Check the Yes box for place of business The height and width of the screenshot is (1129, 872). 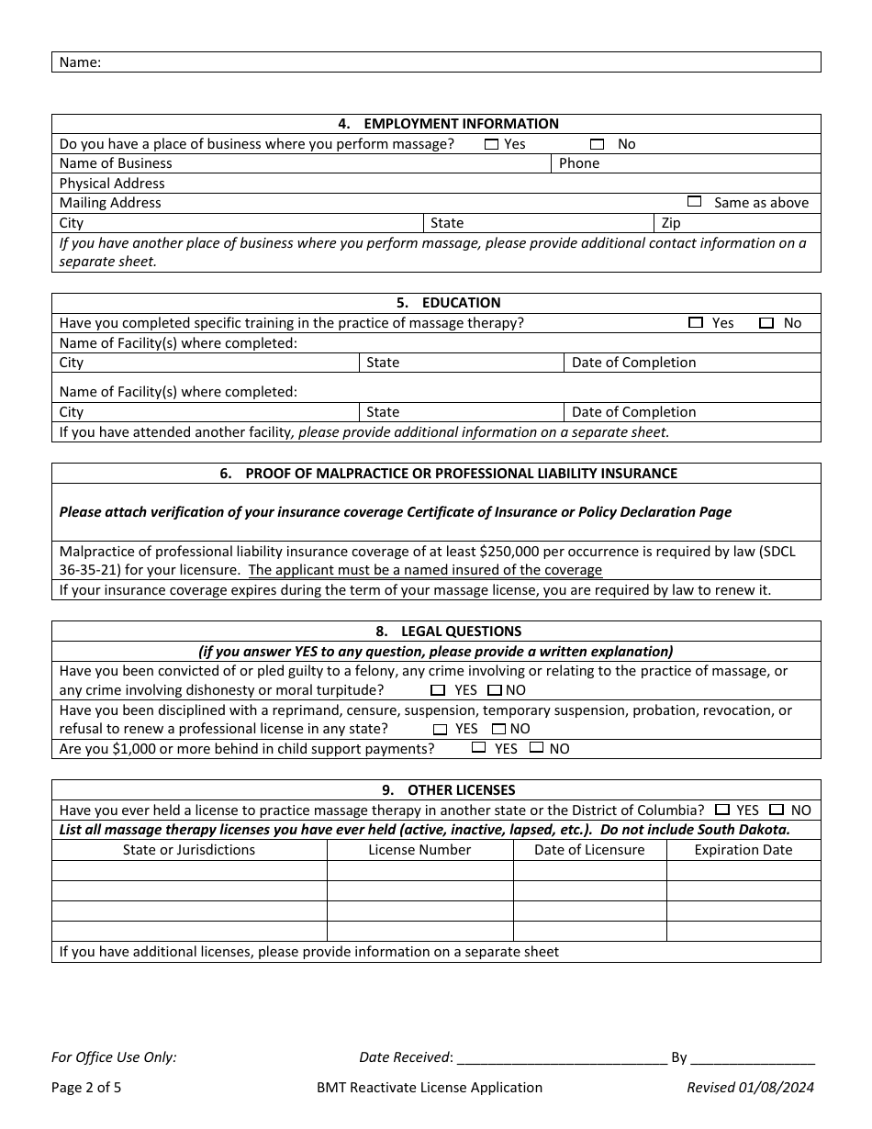(x=492, y=144)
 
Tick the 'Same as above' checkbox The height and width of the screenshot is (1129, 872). (x=694, y=202)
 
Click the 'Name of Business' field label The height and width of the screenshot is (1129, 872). (x=116, y=163)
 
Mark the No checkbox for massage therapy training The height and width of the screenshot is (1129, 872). (x=766, y=323)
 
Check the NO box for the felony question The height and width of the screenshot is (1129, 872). (x=495, y=690)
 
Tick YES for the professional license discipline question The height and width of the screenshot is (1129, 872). (x=440, y=730)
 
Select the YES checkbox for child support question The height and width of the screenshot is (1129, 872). (x=478, y=748)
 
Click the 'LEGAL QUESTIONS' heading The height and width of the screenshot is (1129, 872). (x=449, y=632)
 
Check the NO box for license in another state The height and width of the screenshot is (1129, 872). (x=777, y=810)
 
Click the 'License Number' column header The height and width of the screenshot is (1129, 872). (x=419, y=850)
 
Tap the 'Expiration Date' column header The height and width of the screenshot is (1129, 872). (x=743, y=850)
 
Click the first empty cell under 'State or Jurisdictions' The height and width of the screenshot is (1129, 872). (x=189, y=870)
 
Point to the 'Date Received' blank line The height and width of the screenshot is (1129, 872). (x=561, y=1057)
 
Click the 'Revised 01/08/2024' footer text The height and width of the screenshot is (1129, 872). (x=750, y=1088)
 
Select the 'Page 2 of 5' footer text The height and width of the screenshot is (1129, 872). (x=86, y=1088)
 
